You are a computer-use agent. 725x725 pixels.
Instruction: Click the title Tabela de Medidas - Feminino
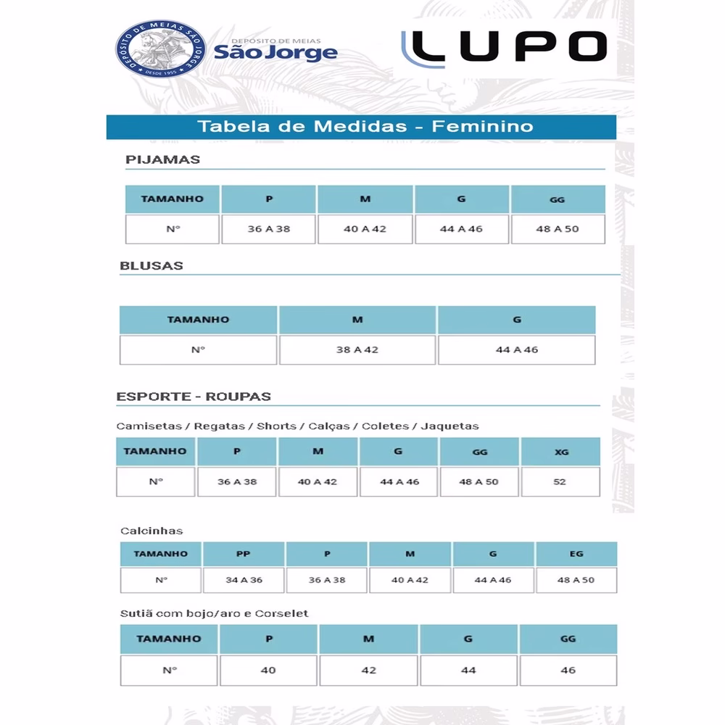pyautogui.click(x=365, y=126)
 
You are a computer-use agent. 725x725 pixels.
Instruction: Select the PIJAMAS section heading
pyautogui.click(x=162, y=159)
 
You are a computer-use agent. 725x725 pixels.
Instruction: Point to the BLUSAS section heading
pyautogui.click(x=152, y=265)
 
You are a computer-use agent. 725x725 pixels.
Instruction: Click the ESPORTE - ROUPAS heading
pyautogui.click(x=194, y=397)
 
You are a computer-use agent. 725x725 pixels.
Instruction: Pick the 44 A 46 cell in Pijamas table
pyautogui.click(x=461, y=229)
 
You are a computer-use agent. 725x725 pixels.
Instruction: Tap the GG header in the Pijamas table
pyautogui.click(x=558, y=199)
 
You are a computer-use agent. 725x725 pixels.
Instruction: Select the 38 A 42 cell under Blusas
pyautogui.click(x=357, y=349)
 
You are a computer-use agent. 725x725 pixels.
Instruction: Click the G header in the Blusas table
pyautogui.click(x=517, y=320)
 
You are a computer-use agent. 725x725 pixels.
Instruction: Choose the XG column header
pyautogui.click(x=561, y=451)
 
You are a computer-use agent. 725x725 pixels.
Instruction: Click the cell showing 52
pyautogui.click(x=560, y=481)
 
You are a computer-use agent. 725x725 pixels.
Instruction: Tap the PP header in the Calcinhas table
pyautogui.click(x=244, y=554)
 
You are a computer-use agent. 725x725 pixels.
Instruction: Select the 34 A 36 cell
pyautogui.click(x=244, y=580)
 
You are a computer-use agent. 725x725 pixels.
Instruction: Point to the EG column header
pyautogui.click(x=576, y=554)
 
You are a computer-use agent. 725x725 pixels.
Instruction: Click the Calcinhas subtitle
pyautogui.click(x=152, y=531)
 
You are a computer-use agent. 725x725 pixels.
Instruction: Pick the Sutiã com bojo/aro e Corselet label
pyautogui.click(x=215, y=613)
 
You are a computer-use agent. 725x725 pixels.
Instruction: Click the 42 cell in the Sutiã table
pyautogui.click(x=368, y=670)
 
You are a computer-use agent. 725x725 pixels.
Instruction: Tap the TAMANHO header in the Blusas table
pyautogui.click(x=198, y=320)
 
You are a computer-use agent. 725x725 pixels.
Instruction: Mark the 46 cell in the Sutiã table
pyautogui.click(x=568, y=670)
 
